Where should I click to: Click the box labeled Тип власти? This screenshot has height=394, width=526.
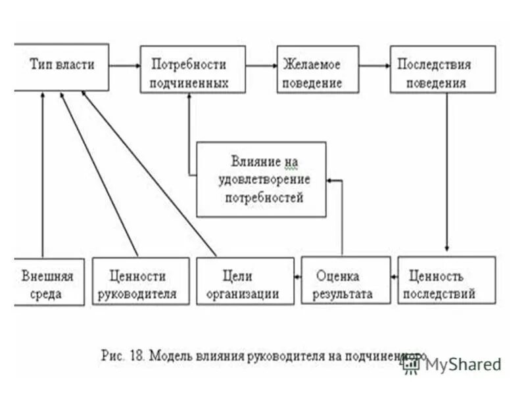click(62, 66)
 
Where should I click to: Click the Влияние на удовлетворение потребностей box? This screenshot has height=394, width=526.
click(261, 179)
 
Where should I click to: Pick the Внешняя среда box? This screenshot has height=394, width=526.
click(49, 282)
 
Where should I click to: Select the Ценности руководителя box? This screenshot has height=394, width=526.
click(137, 282)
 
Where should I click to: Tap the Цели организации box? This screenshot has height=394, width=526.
click(245, 282)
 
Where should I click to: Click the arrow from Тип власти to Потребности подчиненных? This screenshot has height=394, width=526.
click(125, 66)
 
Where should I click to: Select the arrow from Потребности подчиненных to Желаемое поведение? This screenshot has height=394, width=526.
click(261, 66)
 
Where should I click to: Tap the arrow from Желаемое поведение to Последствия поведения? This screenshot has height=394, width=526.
click(374, 66)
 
